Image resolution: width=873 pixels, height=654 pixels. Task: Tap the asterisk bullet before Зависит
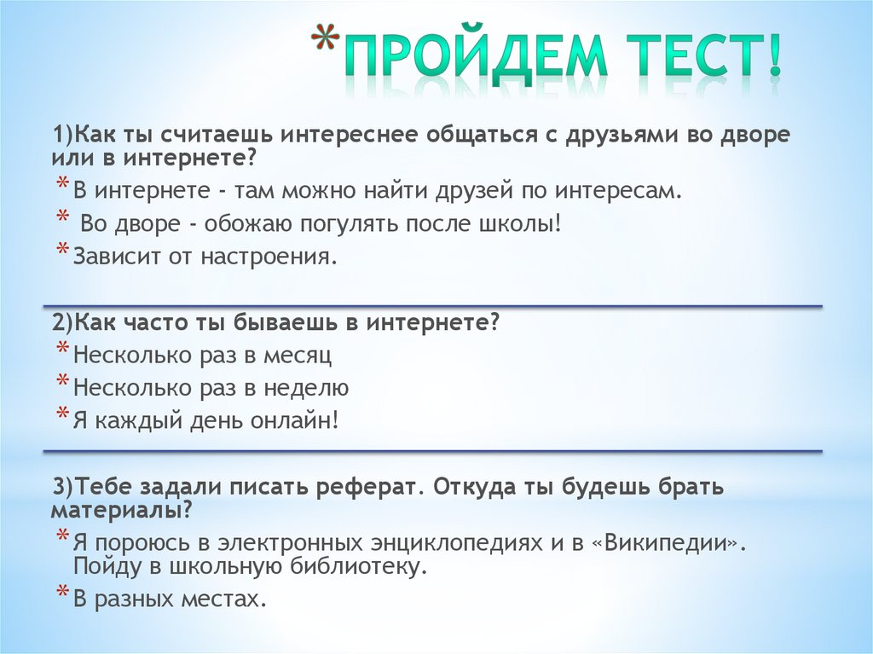click(x=63, y=252)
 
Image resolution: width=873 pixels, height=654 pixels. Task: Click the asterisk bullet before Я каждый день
click(x=63, y=415)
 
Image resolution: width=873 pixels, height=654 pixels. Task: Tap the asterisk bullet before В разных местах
click(x=63, y=594)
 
